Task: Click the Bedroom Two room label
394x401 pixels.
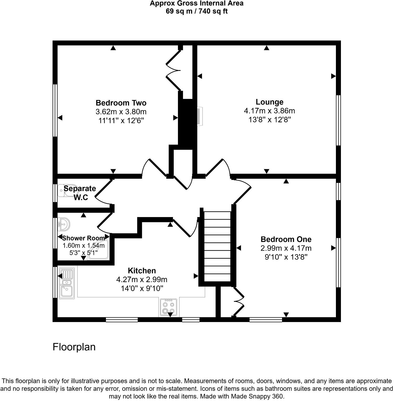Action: coord(121,103)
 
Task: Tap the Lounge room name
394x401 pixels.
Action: coord(269,102)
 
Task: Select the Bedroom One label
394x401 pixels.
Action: coord(286,239)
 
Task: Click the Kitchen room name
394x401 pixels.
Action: coord(142,271)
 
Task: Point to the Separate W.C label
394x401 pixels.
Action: coord(80,193)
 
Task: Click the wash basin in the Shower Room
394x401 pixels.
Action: coord(64,224)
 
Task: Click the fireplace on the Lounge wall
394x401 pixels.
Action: coord(200,116)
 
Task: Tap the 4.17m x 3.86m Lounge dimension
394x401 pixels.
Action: coord(269,111)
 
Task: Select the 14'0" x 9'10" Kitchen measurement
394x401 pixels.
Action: coord(142,289)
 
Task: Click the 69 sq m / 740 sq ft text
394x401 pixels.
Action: coord(197,11)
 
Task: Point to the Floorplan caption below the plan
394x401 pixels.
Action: coord(74,347)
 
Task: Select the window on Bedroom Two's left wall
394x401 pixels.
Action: coord(55,110)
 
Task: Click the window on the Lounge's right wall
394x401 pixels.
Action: coord(339,120)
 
